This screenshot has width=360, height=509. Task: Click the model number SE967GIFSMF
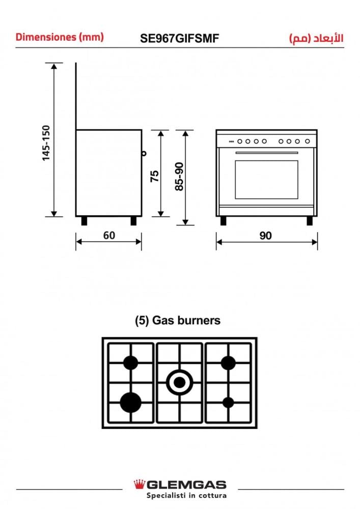coord(180,39)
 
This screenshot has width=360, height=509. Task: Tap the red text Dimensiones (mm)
coord(60,37)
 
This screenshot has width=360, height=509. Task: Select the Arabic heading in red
coord(316,38)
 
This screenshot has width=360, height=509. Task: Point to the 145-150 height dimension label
coord(46,143)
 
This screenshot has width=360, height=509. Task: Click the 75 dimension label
coord(155,176)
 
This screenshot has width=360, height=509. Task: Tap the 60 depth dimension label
coord(109,235)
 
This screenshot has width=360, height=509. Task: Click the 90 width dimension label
coord(265,236)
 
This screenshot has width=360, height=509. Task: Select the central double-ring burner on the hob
coord(180,383)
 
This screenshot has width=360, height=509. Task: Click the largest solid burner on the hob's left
coord(130,403)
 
